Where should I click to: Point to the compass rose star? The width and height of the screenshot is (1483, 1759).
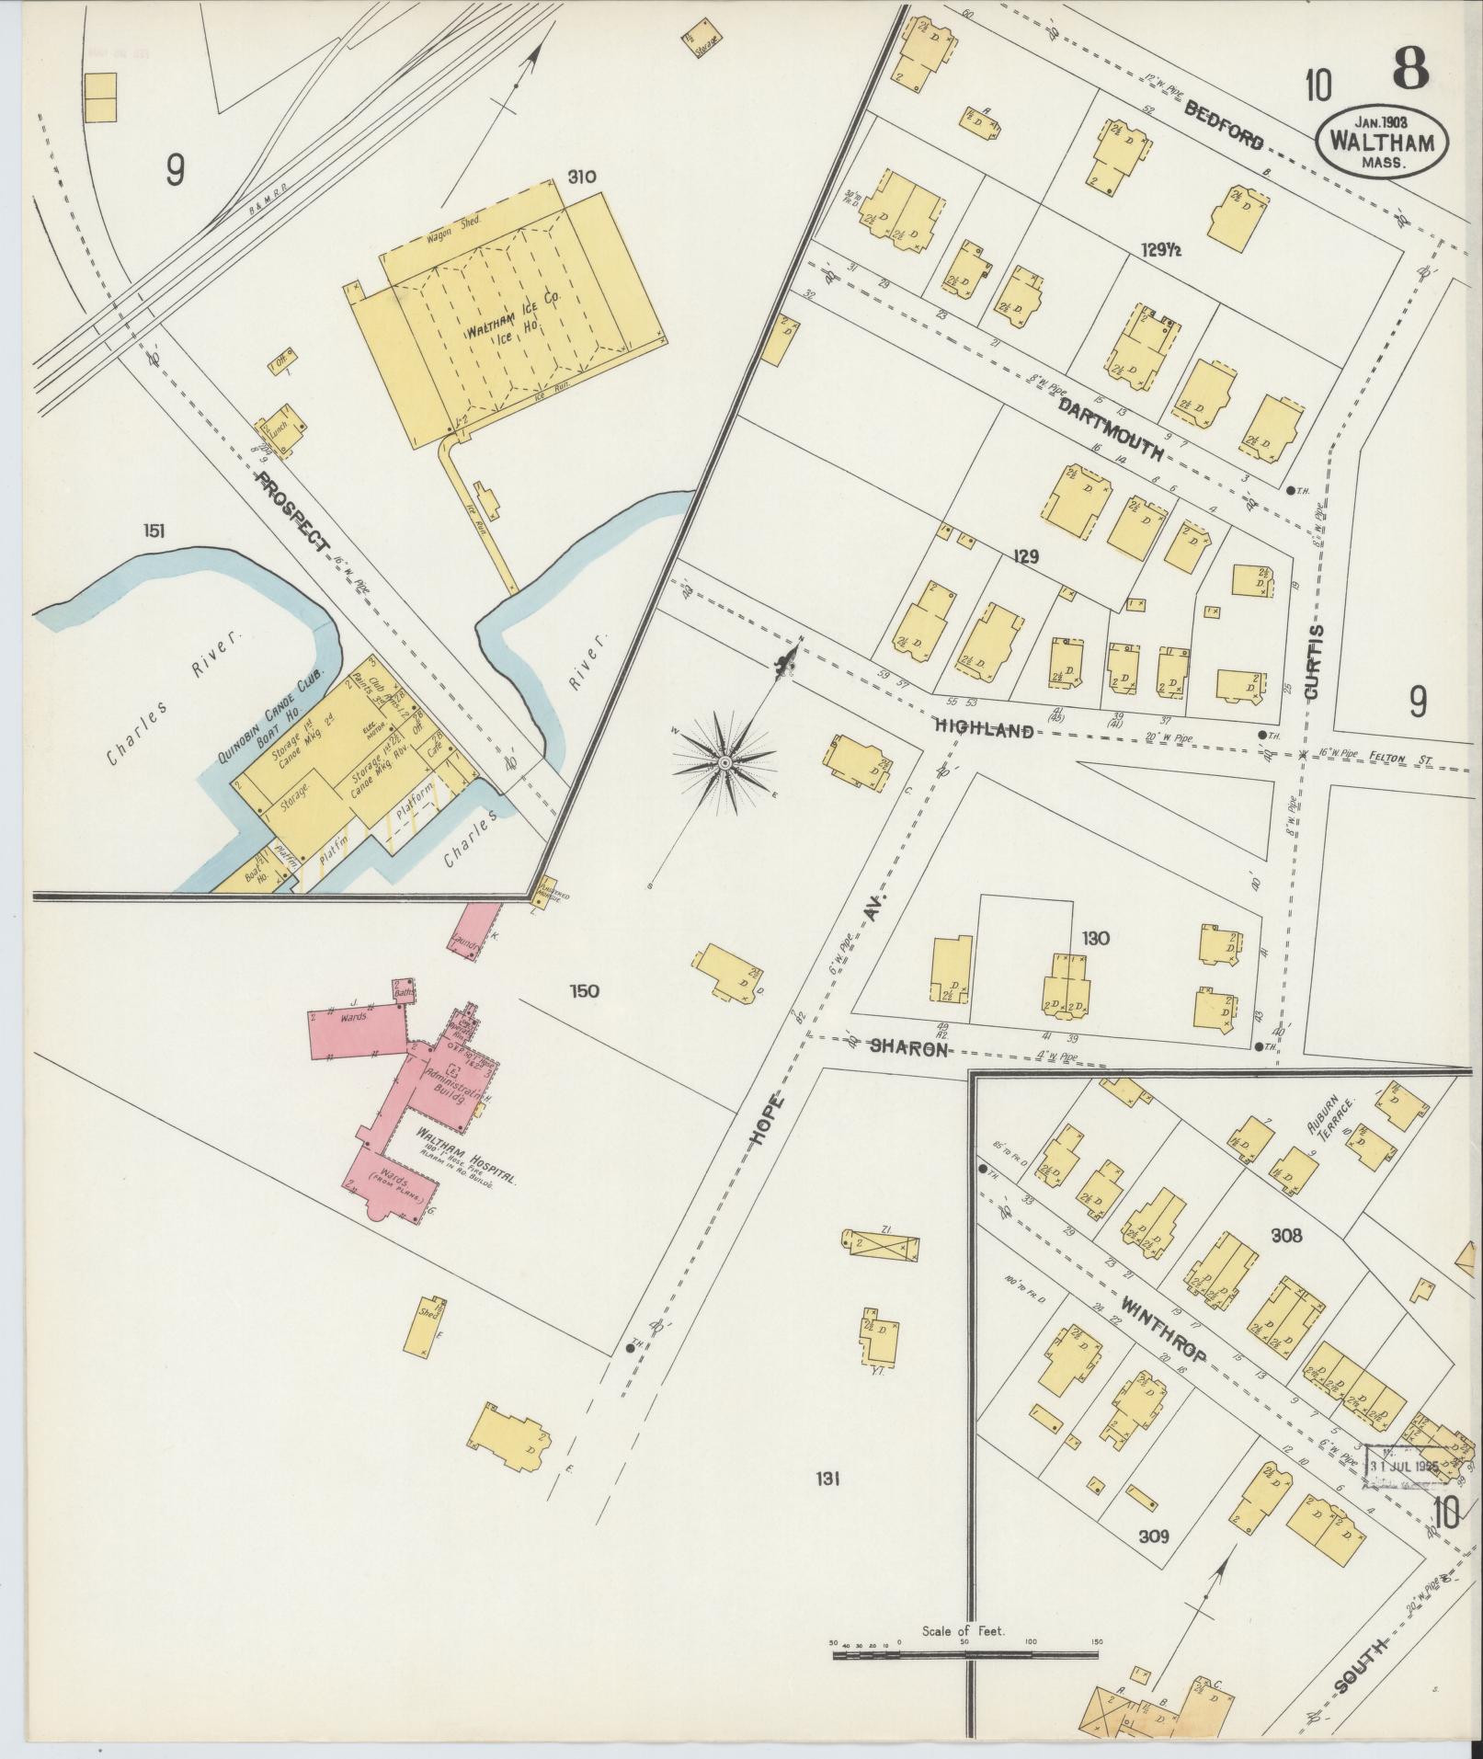tap(724, 762)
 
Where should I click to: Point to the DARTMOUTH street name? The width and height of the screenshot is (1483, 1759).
tap(1111, 429)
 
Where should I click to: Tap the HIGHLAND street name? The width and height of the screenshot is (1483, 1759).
tap(984, 730)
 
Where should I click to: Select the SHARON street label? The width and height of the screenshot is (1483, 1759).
tap(908, 1047)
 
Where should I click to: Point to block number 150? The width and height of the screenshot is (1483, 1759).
tap(584, 991)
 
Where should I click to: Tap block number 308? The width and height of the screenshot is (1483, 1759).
tap(1285, 1236)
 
